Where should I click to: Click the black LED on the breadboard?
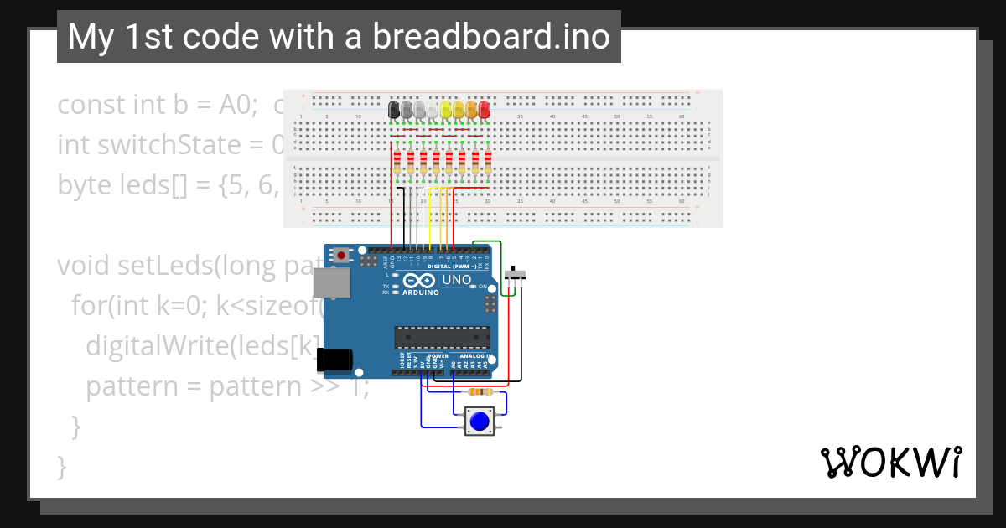coord(394,109)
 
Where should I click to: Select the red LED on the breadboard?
coord(485,109)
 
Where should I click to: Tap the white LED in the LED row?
coord(433,111)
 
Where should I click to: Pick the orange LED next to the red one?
coord(471,109)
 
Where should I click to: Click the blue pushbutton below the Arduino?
coord(480,421)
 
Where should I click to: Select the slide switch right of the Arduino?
coord(517,274)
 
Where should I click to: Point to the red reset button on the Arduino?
coord(341,254)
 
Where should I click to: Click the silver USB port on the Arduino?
coord(331,284)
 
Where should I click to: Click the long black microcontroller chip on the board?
coord(442,337)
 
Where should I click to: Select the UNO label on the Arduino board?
coord(457,280)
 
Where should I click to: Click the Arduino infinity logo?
coord(420,281)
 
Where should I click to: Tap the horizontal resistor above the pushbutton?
coord(480,391)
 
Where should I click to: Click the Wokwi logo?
coord(890,462)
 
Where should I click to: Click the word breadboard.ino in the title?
coord(491,37)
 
